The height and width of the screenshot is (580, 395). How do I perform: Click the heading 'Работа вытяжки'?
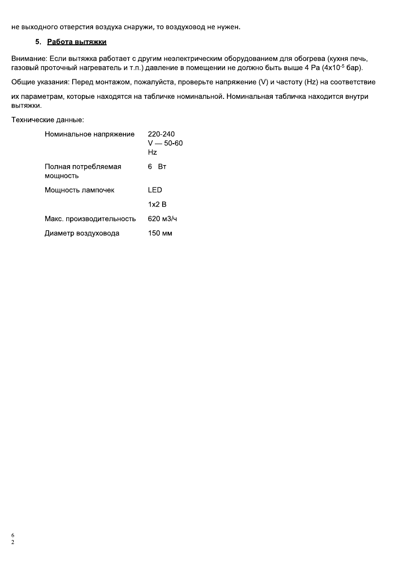77,42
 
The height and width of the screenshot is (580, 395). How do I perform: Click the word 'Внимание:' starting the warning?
28,58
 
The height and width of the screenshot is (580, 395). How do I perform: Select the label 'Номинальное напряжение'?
90,134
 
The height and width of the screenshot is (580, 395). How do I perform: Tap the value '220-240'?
161,134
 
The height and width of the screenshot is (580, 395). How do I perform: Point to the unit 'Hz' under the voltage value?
152,152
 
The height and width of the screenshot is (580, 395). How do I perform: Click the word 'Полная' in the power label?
56,167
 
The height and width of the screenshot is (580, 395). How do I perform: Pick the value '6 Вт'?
157,167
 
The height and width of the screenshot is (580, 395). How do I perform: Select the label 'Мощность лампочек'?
79,190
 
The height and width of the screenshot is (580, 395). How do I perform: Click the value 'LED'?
155,190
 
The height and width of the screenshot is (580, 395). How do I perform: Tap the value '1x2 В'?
157,205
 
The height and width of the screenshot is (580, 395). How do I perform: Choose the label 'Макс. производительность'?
90,219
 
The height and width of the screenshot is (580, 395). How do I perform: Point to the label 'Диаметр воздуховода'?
82,233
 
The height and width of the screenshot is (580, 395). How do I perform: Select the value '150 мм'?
160,233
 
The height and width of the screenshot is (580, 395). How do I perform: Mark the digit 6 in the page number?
13,536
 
